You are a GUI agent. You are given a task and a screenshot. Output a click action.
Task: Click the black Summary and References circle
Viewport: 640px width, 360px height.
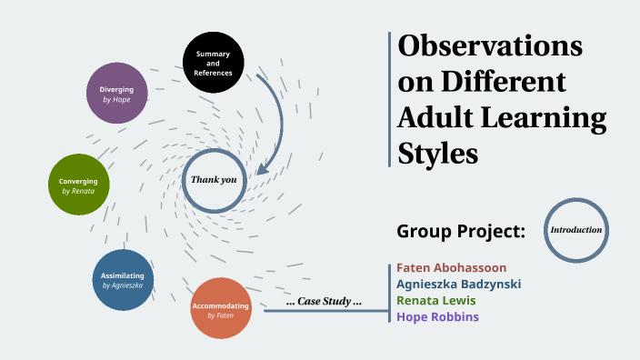[214, 63]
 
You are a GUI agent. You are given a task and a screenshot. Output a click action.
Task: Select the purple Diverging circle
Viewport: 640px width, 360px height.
[116, 94]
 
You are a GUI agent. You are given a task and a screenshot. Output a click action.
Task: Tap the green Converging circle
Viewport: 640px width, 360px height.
[78, 185]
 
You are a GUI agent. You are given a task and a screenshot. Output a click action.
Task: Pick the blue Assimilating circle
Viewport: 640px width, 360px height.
[123, 279]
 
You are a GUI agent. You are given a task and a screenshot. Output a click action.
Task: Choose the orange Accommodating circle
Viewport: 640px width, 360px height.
[221, 309]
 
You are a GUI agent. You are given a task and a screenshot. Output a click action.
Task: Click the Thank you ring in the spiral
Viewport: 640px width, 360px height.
[214, 180]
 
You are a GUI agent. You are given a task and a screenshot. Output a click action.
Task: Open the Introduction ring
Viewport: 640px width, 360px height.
[576, 230]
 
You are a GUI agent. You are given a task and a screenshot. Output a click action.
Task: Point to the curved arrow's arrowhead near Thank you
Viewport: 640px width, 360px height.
[263, 168]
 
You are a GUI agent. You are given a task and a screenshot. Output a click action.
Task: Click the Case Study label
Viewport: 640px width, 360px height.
[324, 302]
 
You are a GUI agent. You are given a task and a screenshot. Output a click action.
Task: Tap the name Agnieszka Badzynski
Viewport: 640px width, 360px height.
[458, 284]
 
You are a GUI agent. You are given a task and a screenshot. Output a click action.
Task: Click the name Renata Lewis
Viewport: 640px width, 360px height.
[435, 300]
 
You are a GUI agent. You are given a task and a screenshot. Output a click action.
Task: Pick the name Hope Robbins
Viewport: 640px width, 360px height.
[437, 316]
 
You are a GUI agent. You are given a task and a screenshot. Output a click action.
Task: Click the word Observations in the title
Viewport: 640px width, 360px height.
[491, 45]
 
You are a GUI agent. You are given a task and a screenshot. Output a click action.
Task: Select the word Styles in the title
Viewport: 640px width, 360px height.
[438, 152]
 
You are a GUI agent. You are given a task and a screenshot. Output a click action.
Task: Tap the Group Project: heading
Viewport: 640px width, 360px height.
[461, 231]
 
